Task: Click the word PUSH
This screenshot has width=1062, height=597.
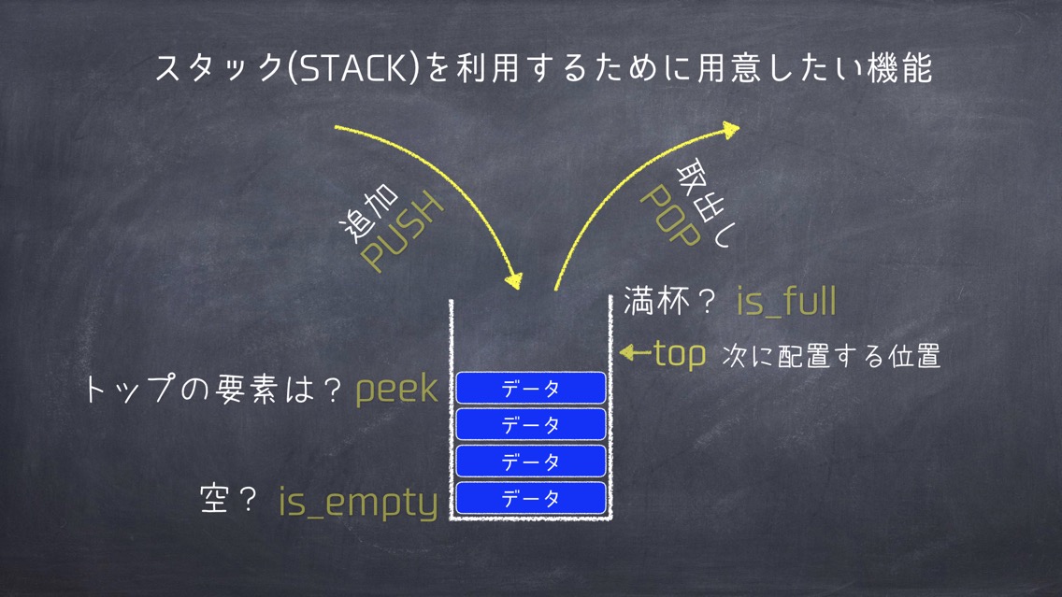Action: pos(402,232)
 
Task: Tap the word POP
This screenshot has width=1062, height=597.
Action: pos(670,216)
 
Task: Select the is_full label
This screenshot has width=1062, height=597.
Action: pos(786,301)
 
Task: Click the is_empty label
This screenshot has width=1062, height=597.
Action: pos(358,503)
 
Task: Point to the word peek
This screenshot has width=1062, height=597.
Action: pos(397,390)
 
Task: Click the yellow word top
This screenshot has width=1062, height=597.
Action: pos(680,354)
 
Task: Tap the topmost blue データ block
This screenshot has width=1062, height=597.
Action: pos(531,388)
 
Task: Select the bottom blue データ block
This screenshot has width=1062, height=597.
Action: pos(531,498)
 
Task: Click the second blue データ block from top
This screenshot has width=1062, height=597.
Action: pos(531,424)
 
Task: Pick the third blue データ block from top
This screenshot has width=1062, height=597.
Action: pos(531,462)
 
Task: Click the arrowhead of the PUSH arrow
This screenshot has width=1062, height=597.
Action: pos(514,280)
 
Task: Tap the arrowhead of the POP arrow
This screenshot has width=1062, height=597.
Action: pos(731,129)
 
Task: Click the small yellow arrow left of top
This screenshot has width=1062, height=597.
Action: pos(636,352)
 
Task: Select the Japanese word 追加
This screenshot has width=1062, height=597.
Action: pos(368,213)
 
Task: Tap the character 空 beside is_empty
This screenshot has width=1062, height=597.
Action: pos(214,500)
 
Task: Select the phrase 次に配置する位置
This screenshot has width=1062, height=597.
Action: pos(831,356)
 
